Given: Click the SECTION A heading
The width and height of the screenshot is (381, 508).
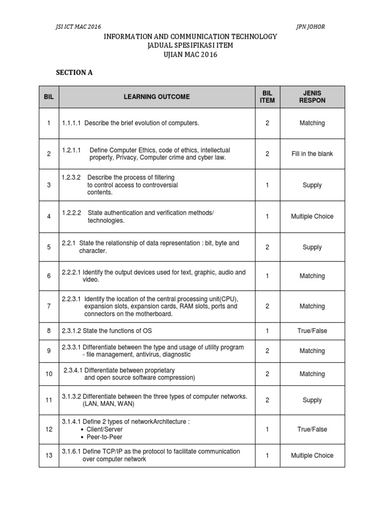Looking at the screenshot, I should coord(74,72).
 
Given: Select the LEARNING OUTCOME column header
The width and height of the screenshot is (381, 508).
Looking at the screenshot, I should coord(157,97).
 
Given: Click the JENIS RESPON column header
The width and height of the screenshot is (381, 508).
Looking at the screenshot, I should coord(312,97).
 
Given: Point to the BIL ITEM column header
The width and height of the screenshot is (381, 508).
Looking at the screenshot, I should coord(267,97).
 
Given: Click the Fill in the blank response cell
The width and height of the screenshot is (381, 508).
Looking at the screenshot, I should coord(312,154).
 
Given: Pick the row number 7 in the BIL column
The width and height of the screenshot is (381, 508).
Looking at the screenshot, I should coord(49,306).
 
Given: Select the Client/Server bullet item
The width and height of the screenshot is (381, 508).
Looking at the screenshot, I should coord(105,429).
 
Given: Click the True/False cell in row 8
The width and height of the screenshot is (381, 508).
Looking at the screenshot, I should coord(312,331).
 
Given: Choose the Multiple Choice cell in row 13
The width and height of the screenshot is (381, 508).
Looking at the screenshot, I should coord(312,455).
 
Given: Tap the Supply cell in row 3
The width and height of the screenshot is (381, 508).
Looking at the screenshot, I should coord(312,185).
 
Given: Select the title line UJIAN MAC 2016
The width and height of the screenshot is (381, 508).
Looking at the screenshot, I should coord(190,55).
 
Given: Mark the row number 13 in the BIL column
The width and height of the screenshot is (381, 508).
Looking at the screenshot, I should coord(49,455).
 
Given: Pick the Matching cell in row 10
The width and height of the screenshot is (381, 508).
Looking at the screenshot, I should coord(312,374).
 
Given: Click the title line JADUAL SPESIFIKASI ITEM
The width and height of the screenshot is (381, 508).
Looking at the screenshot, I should coord(190,46).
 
